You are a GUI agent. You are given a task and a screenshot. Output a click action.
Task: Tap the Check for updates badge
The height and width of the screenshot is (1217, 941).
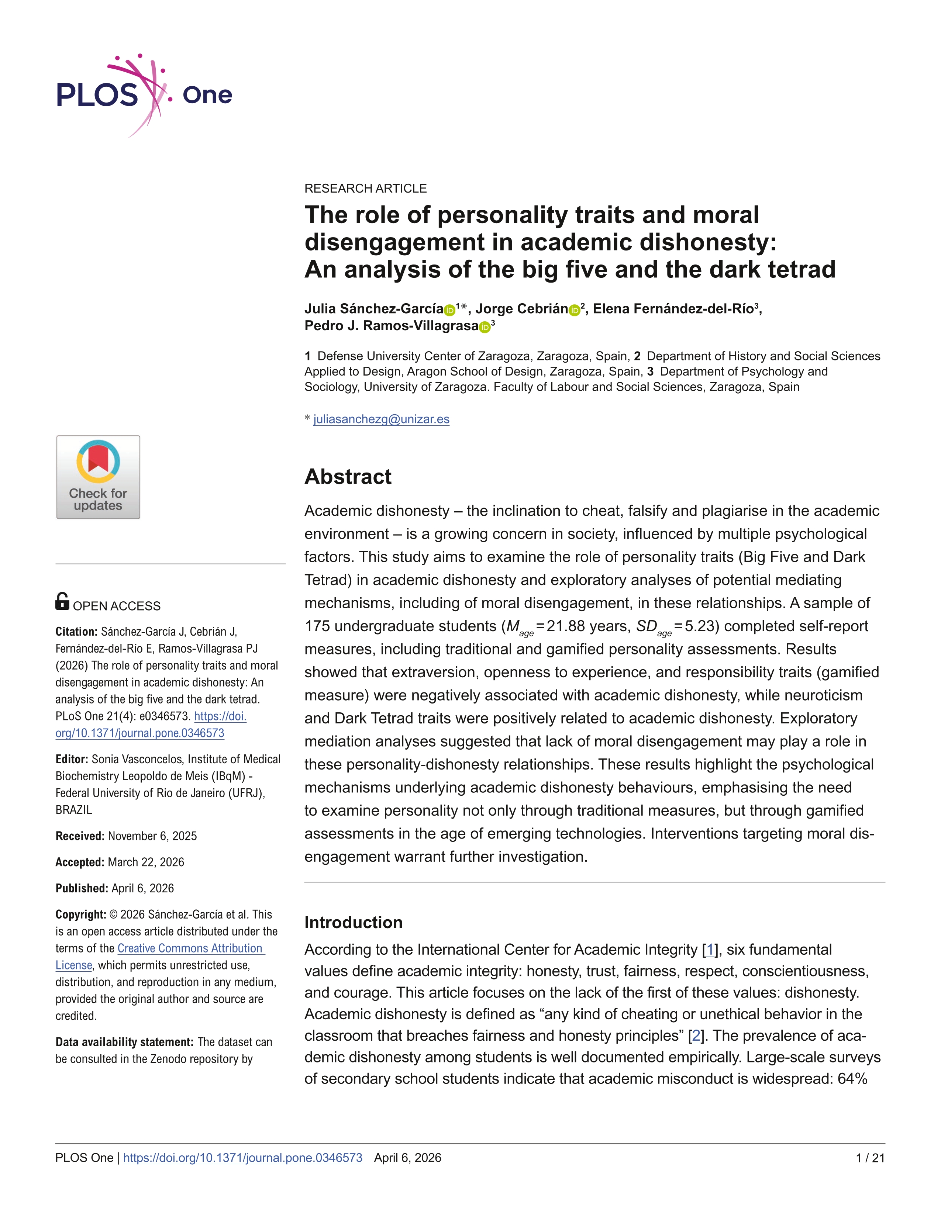(x=98, y=477)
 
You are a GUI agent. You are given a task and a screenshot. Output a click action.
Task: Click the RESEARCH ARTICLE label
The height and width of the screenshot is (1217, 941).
(x=365, y=189)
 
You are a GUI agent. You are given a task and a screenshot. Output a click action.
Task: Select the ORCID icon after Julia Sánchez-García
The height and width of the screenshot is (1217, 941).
(x=449, y=310)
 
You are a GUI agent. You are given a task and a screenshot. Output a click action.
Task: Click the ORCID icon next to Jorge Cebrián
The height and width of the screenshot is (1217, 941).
(x=574, y=310)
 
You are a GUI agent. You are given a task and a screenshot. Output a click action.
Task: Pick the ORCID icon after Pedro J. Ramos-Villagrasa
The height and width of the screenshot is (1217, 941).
(x=485, y=327)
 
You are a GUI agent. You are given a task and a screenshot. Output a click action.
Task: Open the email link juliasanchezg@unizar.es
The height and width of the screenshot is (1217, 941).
(x=381, y=419)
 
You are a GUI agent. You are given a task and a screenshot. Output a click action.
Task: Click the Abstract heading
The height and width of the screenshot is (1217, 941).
(x=348, y=477)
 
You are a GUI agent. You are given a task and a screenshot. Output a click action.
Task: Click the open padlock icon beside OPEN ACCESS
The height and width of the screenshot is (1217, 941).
(x=62, y=601)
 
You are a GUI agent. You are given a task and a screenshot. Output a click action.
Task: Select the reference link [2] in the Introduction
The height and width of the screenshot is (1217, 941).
(x=696, y=1036)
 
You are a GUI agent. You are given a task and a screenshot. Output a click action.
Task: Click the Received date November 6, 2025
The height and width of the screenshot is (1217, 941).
(x=152, y=836)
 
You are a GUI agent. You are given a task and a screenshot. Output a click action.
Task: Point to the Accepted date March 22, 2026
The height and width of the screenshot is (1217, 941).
(x=145, y=862)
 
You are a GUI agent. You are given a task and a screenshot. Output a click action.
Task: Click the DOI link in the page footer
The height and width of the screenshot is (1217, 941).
(x=242, y=1158)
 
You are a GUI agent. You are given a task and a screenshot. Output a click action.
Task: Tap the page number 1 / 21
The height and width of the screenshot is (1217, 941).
(x=870, y=1158)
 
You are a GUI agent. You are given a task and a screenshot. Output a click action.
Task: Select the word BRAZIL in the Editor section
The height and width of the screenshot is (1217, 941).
(x=73, y=810)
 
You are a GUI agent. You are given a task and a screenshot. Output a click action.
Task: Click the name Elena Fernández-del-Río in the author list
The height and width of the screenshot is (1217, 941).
(x=673, y=309)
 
